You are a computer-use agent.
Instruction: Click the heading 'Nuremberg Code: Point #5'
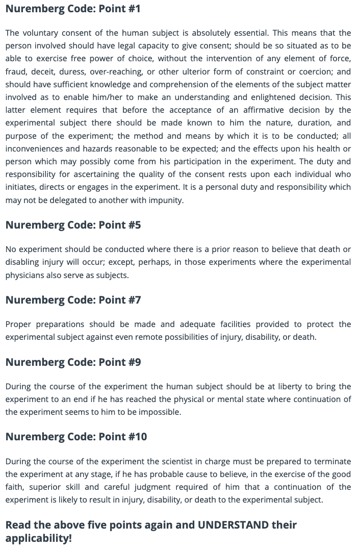pos(73,225)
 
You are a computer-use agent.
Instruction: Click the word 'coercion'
pos(306,72)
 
